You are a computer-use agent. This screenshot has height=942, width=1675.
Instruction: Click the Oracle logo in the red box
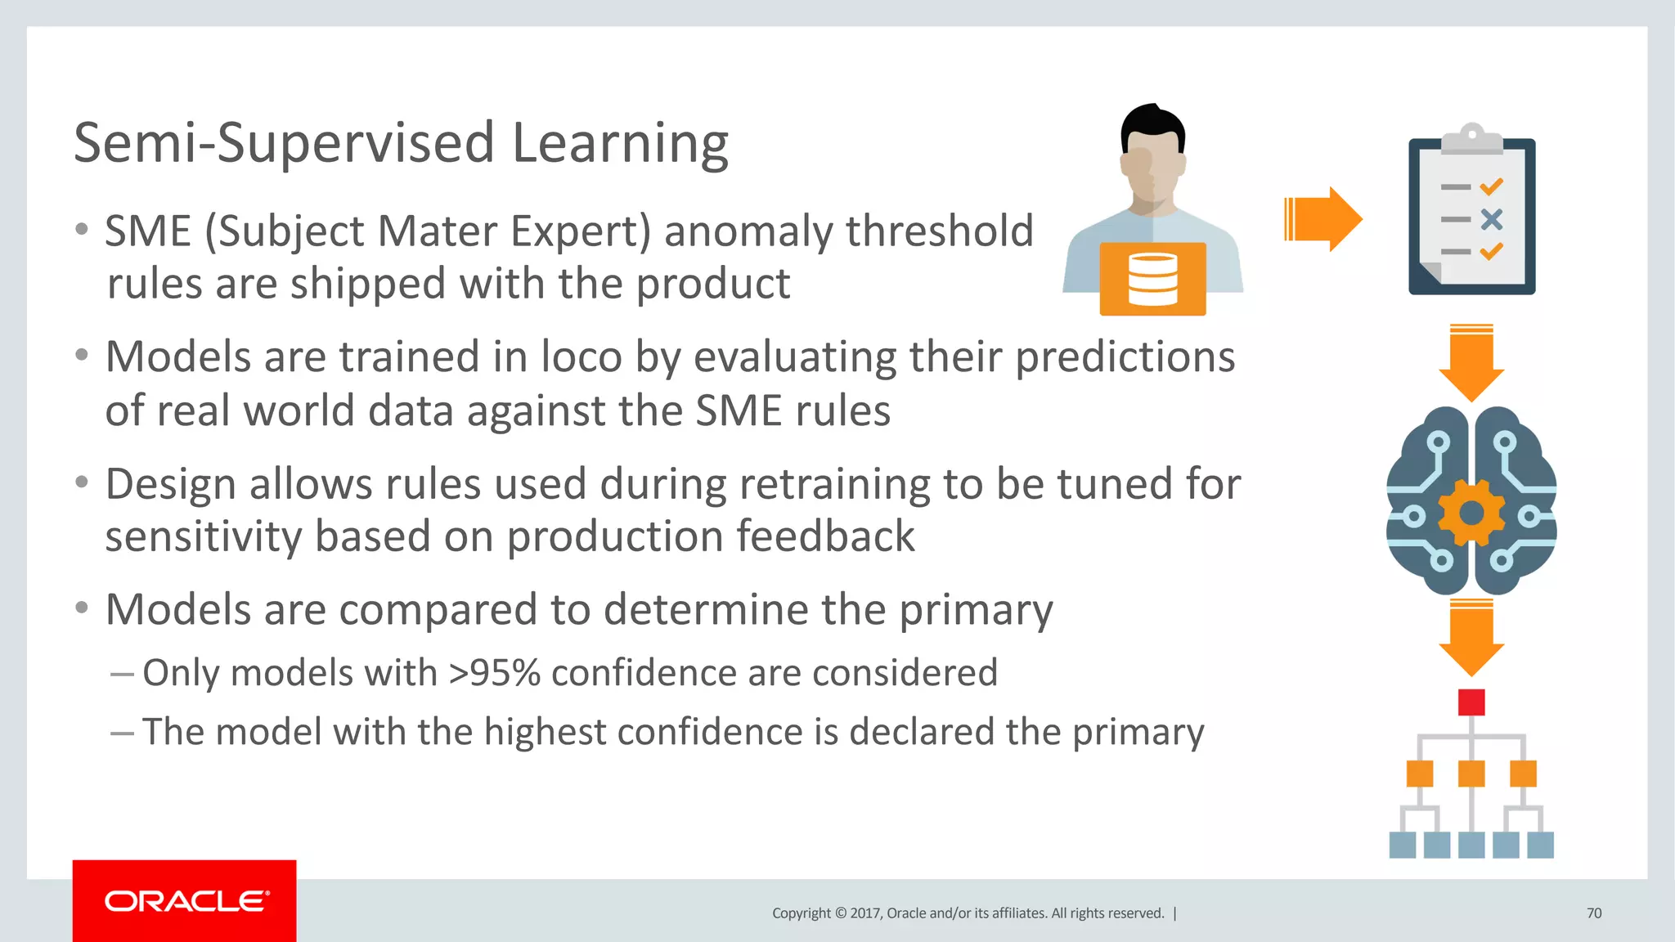[x=186, y=901]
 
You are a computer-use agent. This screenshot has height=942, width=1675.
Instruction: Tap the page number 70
[x=1594, y=913]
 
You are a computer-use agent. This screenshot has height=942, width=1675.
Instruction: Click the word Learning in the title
[x=619, y=144]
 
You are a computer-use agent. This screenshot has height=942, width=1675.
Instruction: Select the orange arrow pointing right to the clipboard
[x=1323, y=219]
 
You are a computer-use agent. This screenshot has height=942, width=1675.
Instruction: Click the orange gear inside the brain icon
[x=1471, y=514]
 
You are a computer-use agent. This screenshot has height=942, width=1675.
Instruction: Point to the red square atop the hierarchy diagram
[x=1471, y=702]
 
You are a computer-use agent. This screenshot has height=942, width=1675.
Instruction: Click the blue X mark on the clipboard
[x=1492, y=219]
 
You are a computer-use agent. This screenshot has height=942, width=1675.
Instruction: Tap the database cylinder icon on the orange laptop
[x=1152, y=279]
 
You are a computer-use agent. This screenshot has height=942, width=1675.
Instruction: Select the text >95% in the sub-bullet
[x=494, y=673]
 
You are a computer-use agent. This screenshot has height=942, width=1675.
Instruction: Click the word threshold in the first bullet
[x=940, y=231]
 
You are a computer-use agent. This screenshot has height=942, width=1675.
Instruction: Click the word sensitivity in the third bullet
[x=203, y=537]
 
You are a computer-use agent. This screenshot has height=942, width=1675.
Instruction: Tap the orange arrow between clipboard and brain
[x=1471, y=363]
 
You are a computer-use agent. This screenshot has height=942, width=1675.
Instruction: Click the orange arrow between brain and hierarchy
[x=1471, y=637]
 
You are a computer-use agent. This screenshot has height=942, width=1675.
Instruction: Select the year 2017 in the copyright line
[x=864, y=913]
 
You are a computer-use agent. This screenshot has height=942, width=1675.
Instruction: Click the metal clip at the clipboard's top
[x=1471, y=140]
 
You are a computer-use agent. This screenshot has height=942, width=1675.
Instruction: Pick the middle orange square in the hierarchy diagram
[x=1471, y=774]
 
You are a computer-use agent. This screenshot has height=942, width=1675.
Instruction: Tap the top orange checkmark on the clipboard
[x=1492, y=186]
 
